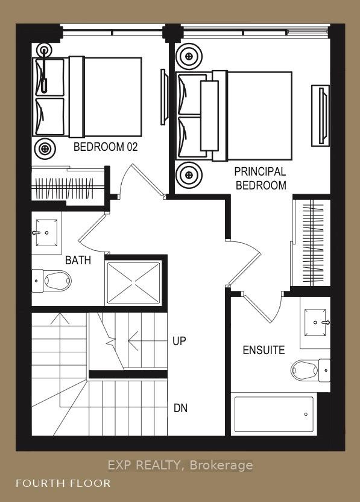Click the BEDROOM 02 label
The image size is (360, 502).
[106, 147]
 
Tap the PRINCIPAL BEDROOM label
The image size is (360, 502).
[261, 179]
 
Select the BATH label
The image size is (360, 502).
[78, 260]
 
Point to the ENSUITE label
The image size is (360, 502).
[264, 350]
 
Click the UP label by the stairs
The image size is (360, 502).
[179, 342]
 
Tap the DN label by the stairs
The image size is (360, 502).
[180, 408]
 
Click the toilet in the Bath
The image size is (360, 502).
[51, 281]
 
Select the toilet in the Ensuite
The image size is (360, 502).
[311, 370]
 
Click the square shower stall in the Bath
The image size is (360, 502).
[133, 283]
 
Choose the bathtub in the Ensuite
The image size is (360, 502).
[274, 415]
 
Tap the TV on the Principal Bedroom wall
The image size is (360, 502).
[321, 116]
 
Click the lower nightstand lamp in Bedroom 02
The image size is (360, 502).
[45, 149]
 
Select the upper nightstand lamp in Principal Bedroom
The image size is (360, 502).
[189, 56]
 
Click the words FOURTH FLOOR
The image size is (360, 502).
[63, 483]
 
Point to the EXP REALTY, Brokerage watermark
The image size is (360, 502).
[180, 465]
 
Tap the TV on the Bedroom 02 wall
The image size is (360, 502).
[164, 97]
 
